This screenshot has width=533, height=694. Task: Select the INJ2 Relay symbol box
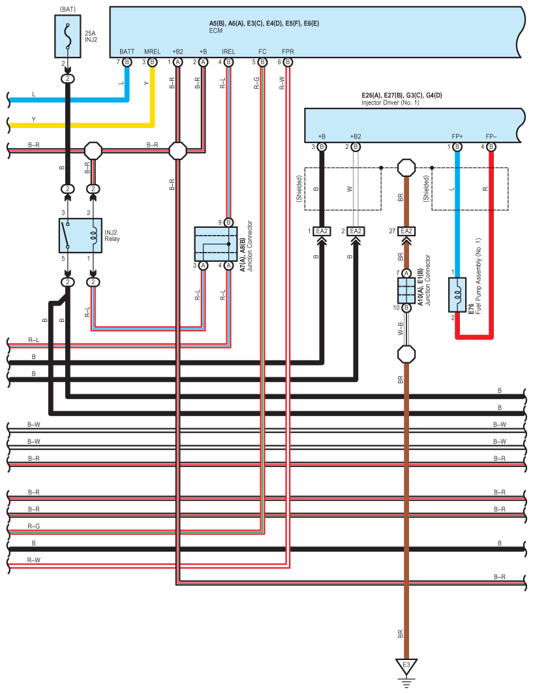pyautogui.click(x=80, y=235)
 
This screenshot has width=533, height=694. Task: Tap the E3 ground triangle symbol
pyautogui.click(x=406, y=667)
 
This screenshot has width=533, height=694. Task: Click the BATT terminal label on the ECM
pyautogui.click(x=127, y=51)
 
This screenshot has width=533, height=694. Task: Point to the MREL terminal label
pyautogui.click(x=152, y=51)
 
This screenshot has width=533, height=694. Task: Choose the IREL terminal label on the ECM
pyautogui.click(x=228, y=51)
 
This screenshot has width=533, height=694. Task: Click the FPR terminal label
pyautogui.click(x=288, y=51)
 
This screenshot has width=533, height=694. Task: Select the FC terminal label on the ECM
pyautogui.click(x=262, y=51)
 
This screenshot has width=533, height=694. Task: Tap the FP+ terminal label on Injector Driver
pyautogui.click(x=457, y=136)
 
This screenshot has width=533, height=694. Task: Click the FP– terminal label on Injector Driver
pyautogui.click(x=491, y=136)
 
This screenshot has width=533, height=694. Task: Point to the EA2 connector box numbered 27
pyautogui.click(x=406, y=231)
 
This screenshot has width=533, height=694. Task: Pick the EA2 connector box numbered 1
pyautogui.click(x=322, y=231)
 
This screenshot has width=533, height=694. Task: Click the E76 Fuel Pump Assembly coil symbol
pyautogui.click(x=457, y=294)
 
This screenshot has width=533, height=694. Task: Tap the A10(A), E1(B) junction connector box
pyautogui.click(x=406, y=290)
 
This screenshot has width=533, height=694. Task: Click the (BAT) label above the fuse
pyautogui.click(x=67, y=9)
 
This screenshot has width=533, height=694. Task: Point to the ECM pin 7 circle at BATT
pyautogui.click(x=127, y=62)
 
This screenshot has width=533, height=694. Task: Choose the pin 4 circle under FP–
pyautogui.click(x=491, y=147)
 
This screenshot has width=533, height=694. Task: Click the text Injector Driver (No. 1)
pyautogui.click(x=389, y=103)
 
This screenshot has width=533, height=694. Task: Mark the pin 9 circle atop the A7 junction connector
pyautogui.click(x=228, y=222)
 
